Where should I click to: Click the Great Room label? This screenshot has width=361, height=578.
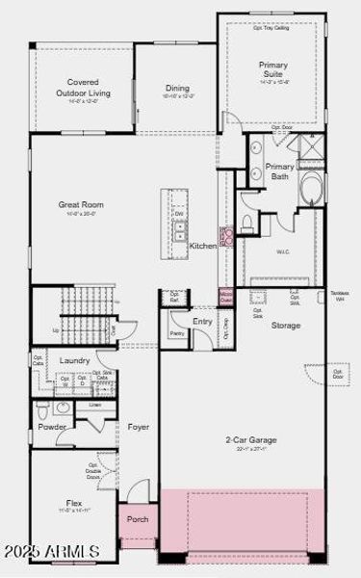coord(80,205)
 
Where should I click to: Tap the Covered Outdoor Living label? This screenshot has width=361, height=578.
coord(83,88)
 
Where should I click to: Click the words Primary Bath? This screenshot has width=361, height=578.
coord(280,171)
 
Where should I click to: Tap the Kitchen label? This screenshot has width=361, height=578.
coord(203,247)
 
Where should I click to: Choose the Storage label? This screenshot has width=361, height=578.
coord(285,326)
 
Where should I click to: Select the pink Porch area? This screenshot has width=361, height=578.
coord(138,520)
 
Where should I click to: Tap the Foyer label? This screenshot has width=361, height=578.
coord(138,427)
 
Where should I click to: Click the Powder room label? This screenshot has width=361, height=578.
coord(51,427)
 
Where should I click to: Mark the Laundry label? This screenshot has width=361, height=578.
coord(74,360)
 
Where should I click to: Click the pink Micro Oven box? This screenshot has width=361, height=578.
coord(226,296)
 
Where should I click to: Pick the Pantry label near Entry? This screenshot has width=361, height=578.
coord(176,333)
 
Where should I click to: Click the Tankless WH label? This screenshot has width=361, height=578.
coord(338,296)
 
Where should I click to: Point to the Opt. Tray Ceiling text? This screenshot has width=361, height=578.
coord(272,28)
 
